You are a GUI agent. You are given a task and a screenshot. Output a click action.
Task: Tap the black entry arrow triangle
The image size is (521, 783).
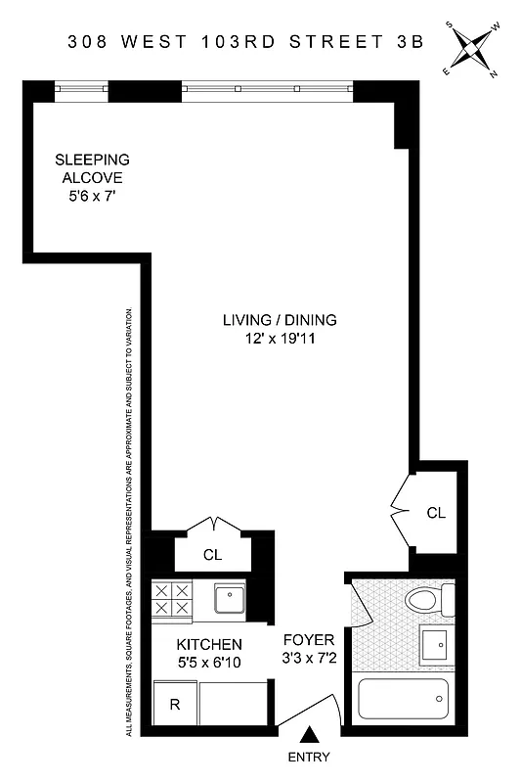pos(310,734)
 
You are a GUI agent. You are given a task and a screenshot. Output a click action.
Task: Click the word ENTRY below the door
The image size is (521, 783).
pos(310,757)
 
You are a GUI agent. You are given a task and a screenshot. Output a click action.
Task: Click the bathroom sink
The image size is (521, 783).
pos(434,643)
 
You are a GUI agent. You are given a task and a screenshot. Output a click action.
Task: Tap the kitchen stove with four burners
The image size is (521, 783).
pos(172,599)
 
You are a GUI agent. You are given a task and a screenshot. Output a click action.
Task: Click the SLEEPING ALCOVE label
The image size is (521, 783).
pos(91,167)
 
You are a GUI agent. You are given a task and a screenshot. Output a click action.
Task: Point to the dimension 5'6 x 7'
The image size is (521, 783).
pos(91,196)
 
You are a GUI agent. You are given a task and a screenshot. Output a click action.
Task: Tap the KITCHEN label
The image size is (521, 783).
pos(208,644)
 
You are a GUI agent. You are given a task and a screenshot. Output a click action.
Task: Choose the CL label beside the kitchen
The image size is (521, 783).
pos(212,555)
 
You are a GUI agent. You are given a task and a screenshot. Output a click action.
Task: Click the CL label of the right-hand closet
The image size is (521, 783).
pos(436,512)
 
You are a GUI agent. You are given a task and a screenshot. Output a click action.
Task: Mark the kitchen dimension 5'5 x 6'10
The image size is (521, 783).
pos(208,663)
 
